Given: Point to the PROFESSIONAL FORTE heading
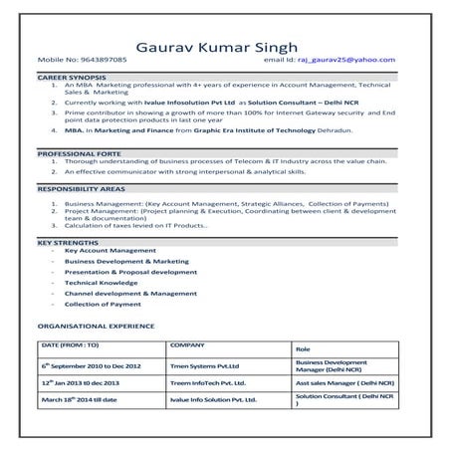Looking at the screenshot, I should click(80, 154).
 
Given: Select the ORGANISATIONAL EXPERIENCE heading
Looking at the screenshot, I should click(100, 326).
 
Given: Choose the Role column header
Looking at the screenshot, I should click(304, 349).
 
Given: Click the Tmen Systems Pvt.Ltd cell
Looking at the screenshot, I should click(205, 365).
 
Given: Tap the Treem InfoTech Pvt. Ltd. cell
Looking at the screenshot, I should click(210, 382).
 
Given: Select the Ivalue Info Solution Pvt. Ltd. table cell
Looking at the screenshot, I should click(214, 399).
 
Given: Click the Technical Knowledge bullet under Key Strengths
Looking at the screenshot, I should click(101, 284).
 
